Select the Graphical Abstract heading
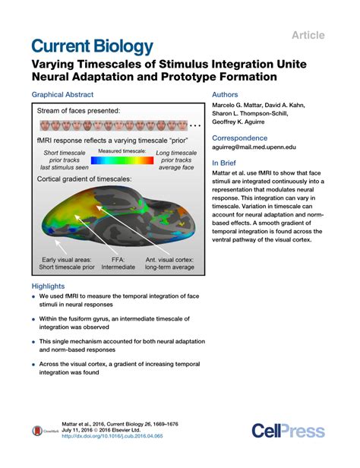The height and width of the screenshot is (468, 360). pyautogui.click(x=62, y=94)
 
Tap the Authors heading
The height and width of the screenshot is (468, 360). pyautogui.click(x=229, y=94)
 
